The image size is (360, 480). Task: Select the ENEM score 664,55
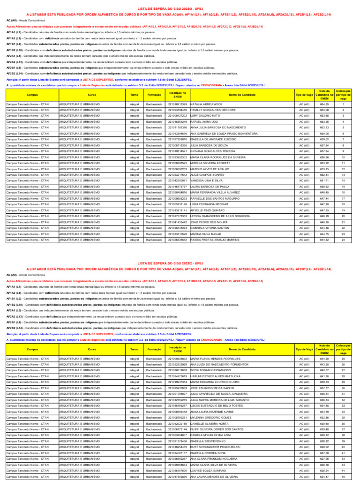click(x=324, y=104)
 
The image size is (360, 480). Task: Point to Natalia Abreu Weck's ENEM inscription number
click(x=177, y=104)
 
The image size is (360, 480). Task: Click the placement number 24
click(x=343, y=240)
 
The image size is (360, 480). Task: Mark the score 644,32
click(x=324, y=240)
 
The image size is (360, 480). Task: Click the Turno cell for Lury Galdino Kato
click(x=134, y=115)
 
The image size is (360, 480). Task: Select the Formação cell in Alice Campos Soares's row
click(x=154, y=174)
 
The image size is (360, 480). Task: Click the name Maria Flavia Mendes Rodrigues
click(x=215, y=358)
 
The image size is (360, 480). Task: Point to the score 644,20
click(x=324, y=358)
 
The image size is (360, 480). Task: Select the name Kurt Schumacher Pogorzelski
click(x=215, y=447)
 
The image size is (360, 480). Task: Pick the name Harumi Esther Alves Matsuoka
click(x=215, y=376)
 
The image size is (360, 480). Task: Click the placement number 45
click(x=343, y=476)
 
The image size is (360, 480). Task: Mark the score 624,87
click(x=324, y=476)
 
